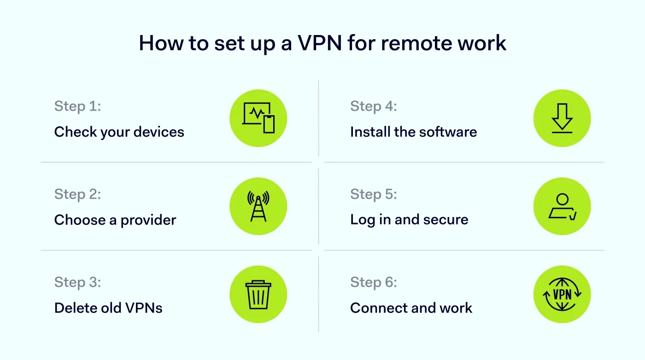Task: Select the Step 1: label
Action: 77,106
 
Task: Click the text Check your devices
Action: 119,132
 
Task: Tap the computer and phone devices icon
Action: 258,118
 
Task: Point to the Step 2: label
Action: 77,194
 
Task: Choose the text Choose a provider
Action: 115,220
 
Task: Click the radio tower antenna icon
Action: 258,207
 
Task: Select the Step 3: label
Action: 77,282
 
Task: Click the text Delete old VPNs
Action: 108,308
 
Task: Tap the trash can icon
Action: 258,295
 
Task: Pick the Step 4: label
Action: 373,106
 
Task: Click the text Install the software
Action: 413,132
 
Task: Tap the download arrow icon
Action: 562,118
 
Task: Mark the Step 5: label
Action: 373,194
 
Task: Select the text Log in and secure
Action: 409,220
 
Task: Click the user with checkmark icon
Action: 562,207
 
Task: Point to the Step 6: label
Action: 373,282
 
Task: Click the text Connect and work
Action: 411,308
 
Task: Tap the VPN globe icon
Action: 562,295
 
